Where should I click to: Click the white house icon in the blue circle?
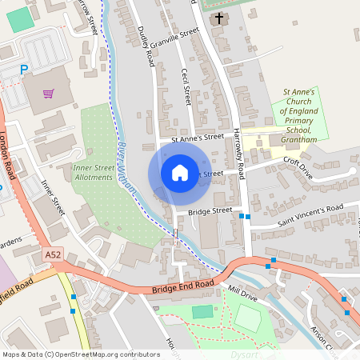180,172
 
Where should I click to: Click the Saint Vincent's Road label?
310,213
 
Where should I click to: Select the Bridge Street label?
210,211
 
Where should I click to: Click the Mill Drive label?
242,294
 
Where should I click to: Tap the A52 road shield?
53,254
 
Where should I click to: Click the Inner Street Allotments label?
94,173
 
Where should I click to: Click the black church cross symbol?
219,17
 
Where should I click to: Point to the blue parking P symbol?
24,70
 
